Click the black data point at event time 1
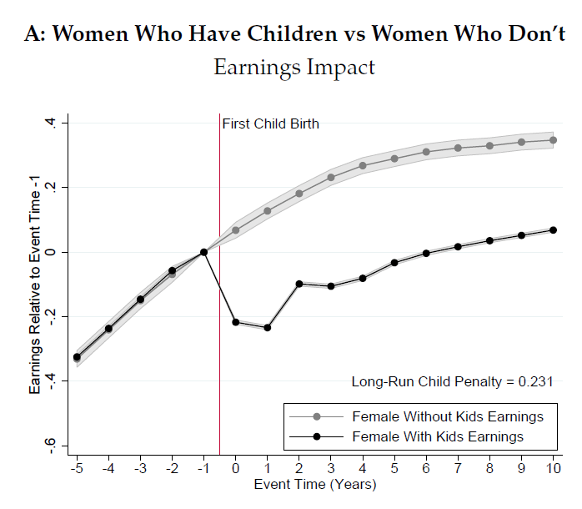pos(268,328)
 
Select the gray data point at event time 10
pos(553,140)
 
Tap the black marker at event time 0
pos(236,322)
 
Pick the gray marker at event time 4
pos(363,165)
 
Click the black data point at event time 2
pos(299,284)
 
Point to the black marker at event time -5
pos(77,357)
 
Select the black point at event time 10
pos(553,230)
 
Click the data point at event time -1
pos(203,252)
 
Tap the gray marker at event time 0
pos(236,230)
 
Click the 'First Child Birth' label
pos(271,124)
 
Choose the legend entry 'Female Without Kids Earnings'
pos(448,416)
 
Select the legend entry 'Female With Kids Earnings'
pos(438,436)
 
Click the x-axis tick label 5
pos(394,469)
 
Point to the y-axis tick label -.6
pos(52,445)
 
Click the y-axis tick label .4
pos(52,123)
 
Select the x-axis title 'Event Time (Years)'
pos(315,485)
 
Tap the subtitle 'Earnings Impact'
pos(294,68)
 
